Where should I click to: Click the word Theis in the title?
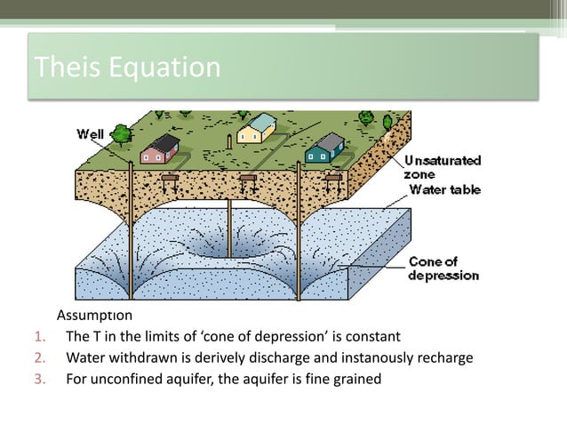(x=61, y=67)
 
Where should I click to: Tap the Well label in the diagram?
(x=91, y=134)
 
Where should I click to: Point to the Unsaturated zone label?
(x=443, y=168)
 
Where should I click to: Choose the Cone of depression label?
(x=443, y=269)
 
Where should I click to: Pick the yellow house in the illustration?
(x=257, y=129)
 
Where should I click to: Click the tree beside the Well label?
(x=122, y=134)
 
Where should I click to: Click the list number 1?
(x=38, y=337)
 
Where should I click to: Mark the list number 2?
(x=38, y=358)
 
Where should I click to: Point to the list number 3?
(x=38, y=380)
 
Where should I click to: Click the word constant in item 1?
(x=373, y=337)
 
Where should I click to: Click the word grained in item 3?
(x=355, y=380)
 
